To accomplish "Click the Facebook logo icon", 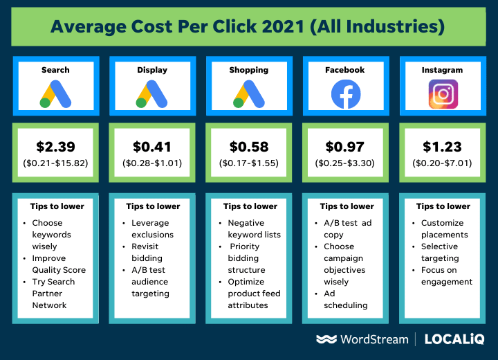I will click(346, 94).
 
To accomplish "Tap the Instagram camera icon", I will click(443, 94).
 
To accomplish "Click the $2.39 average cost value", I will click(55, 147).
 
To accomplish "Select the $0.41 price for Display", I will click(152, 147).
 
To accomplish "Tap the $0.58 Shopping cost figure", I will click(249, 147).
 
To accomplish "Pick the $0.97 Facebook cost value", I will click(346, 147).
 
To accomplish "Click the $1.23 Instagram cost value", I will click(443, 147).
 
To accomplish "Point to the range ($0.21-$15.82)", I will click(55, 163).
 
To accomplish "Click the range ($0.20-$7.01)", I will click(443, 163).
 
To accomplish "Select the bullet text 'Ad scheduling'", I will click(345, 299).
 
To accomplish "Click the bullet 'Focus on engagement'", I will click(447, 276).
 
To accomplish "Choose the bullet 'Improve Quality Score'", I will click(58, 264).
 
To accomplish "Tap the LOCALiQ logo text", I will click(454, 339).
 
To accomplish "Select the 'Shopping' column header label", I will click(249, 70).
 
